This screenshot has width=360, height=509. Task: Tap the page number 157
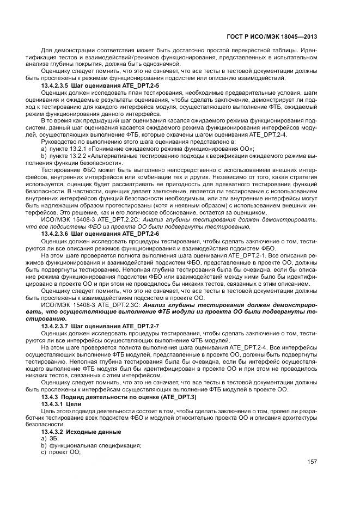312,462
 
